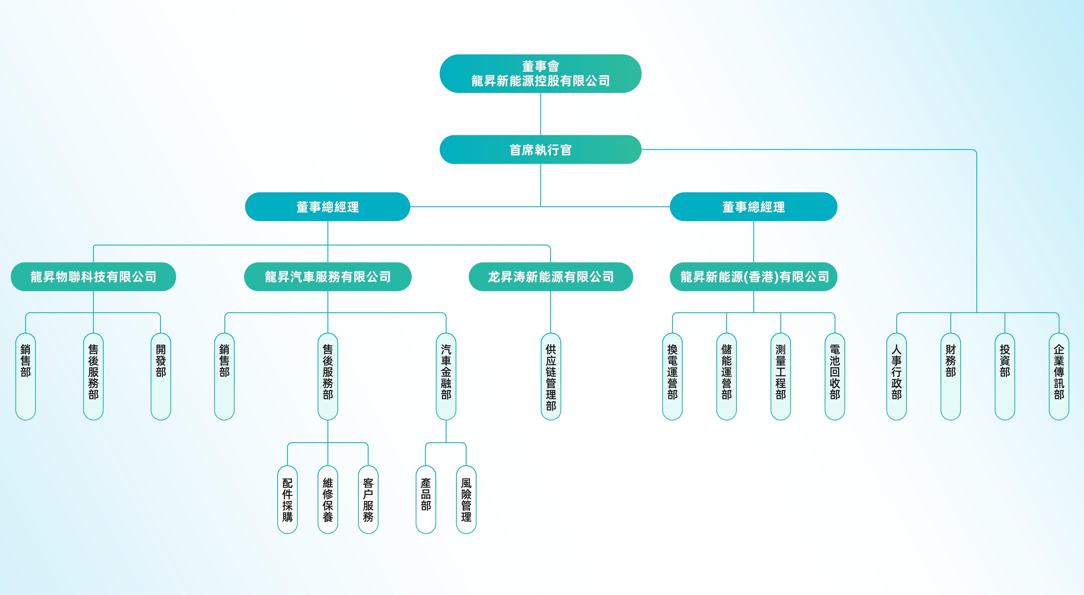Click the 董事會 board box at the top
coord(540,74)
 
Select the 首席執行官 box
coord(540,150)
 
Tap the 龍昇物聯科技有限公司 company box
coord(93,277)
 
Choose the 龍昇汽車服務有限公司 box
coord(328,277)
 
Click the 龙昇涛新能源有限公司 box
coord(551,277)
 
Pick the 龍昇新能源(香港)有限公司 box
coord(754,277)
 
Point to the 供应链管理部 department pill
coord(551,376)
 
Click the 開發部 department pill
coord(161,376)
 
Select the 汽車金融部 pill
coord(446,376)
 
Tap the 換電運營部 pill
coord(672,376)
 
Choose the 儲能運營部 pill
coord(727,376)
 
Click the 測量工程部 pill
coord(781,376)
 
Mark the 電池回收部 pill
coord(835,376)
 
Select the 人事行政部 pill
coord(897,376)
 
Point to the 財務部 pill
coord(951,376)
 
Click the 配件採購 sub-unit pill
coord(287,499)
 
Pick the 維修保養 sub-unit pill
coord(328,499)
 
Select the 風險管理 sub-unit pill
coord(466,499)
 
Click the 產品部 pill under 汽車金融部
coord(426,499)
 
